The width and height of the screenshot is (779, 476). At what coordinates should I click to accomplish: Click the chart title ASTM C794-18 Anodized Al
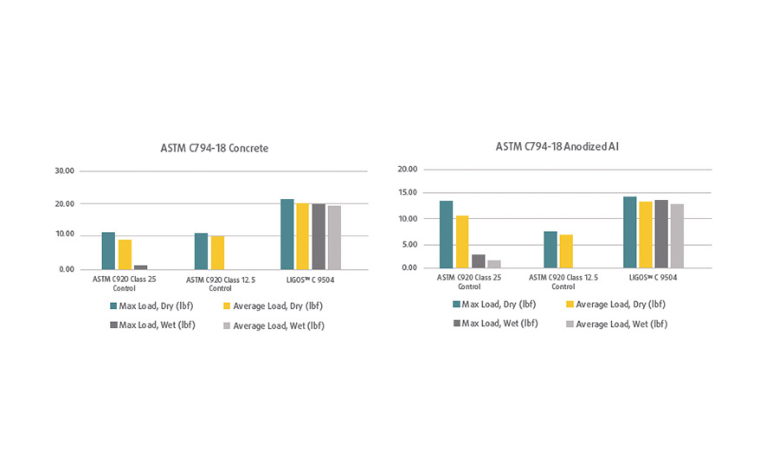click(557, 146)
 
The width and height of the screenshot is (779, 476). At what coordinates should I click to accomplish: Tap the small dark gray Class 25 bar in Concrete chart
click(141, 267)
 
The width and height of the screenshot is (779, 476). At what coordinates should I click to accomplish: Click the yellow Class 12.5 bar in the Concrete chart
click(217, 252)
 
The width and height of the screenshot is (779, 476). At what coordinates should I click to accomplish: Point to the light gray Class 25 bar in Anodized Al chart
click(494, 264)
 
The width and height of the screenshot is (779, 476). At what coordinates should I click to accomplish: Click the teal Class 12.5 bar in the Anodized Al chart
click(550, 249)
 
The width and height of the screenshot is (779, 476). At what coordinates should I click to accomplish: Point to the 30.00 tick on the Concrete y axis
click(64, 171)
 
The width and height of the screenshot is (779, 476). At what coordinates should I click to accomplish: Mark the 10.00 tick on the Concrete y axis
click(64, 235)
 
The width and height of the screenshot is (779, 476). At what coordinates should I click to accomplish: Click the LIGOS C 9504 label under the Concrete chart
click(310, 279)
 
